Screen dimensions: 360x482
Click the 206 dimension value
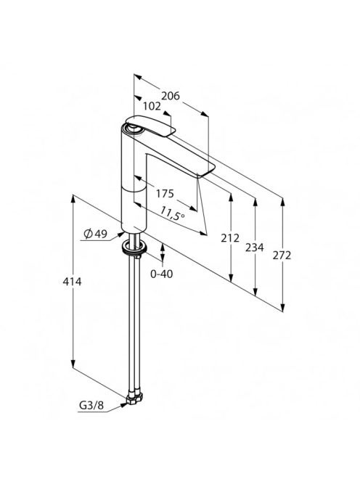point(171,96)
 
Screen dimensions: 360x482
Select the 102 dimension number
point(152,107)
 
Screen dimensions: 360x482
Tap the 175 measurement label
point(165,194)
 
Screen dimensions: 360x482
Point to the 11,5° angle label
point(173,213)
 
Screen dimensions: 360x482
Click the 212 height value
point(230,238)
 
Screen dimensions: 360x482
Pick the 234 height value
point(254,247)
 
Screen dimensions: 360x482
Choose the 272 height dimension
point(282,255)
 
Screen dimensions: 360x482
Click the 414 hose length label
point(72,281)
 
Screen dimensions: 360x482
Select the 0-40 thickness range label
point(161,274)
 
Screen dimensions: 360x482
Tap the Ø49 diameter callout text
point(95,234)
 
